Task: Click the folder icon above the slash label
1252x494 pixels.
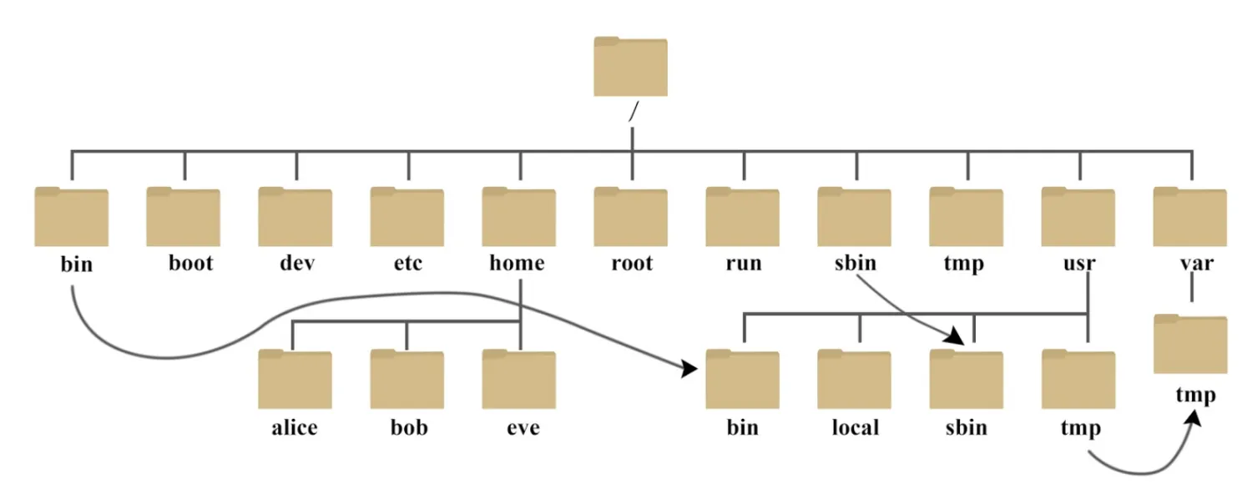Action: (x=630, y=67)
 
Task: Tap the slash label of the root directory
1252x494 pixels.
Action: (x=634, y=111)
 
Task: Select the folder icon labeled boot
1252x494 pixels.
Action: (x=184, y=217)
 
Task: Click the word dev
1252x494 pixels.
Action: (x=297, y=263)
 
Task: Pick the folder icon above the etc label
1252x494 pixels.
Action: (x=407, y=217)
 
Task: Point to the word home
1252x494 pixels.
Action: (x=517, y=263)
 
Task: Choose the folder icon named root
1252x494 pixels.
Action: (x=630, y=217)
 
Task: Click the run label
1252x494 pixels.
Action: (x=744, y=264)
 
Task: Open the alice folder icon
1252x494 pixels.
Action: (x=295, y=380)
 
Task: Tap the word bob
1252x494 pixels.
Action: (x=409, y=427)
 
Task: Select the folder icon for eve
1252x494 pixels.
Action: (x=518, y=380)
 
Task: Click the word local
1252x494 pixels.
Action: (x=856, y=427)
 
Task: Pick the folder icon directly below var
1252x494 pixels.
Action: (x=1190, y=344)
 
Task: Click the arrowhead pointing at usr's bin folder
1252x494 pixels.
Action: (x=689, y=369)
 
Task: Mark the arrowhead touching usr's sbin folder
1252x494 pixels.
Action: (x=955, y=335)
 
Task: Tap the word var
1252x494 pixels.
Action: (x=1197, y=264)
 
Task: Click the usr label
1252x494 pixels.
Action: (x=1078, y=264)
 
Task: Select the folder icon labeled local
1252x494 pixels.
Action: (x=854, y=380)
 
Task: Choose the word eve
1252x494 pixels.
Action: (x=523, y=429)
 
